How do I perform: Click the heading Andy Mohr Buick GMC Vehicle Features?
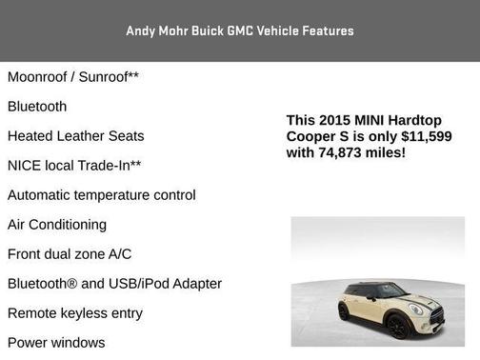240,31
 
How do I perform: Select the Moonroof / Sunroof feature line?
73,76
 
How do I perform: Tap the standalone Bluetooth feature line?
37,106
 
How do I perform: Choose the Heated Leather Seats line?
75,135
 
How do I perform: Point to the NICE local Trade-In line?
74,165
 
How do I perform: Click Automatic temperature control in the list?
101,194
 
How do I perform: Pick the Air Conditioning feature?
57,224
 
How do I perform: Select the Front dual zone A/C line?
70,253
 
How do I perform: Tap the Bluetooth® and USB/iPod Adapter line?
114,283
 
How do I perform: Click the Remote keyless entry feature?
74,312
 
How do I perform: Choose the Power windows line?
56,342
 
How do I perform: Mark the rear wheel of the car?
344,311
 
